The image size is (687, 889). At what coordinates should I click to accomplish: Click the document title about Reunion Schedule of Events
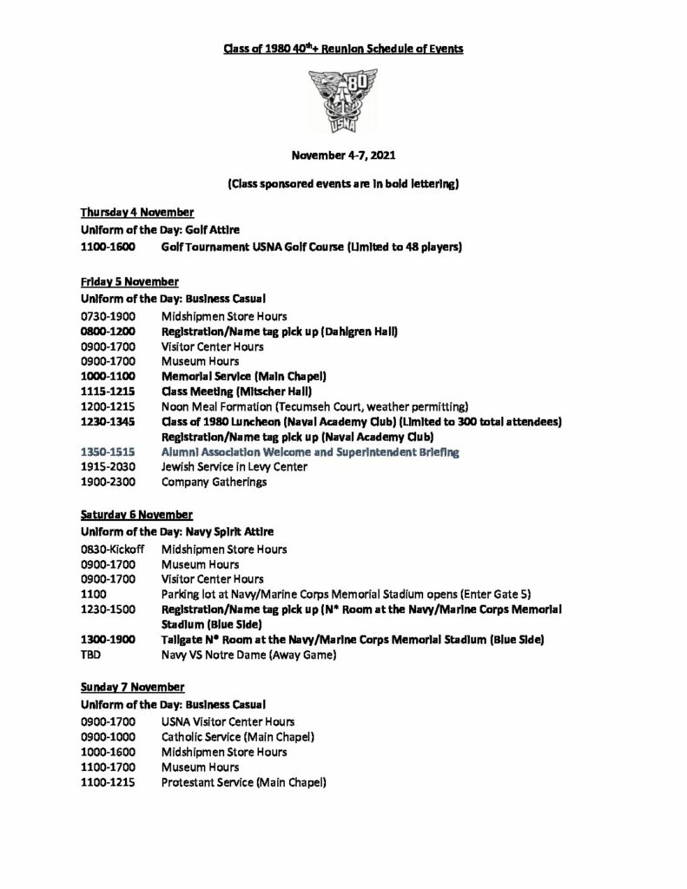tap(342, 49)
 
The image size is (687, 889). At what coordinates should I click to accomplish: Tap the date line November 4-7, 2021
tap(342, 155)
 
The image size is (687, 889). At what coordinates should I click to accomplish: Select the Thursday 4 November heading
tap(137, 213)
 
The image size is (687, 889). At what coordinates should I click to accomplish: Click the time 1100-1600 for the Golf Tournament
tap(107, 247)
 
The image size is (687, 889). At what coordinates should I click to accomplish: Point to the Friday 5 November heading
tap(130, 282)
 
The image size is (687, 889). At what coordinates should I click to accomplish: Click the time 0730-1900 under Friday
tap(107, 316)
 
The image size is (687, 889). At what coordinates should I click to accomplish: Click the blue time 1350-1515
tap(107, 452)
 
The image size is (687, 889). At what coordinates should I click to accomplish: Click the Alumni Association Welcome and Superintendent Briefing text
tap(310, 452)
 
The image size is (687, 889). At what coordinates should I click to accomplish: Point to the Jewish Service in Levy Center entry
tap(235, 467)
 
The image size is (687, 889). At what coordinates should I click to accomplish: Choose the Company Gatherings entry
tap(215, 482)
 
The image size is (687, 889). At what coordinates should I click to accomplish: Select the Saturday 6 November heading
tap(136, 515)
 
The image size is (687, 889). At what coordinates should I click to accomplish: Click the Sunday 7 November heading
tap(132, 687)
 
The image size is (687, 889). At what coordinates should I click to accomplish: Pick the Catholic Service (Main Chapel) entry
tap(238, 737)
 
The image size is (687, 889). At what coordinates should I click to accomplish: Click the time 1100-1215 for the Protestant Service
tap(107, 782)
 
